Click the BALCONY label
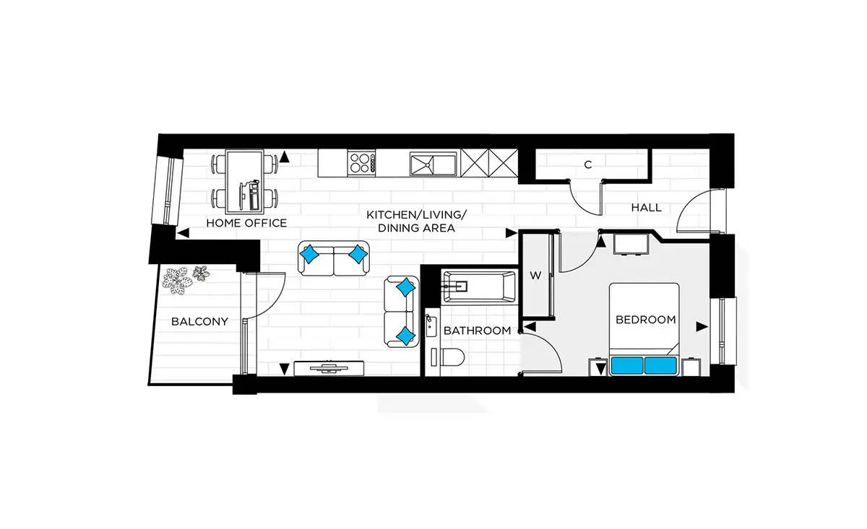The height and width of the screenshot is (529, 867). pyautogui.click(x=199, y=322)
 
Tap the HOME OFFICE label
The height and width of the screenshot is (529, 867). pyautogui.click(x=246, y=223)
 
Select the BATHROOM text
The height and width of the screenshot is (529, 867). pyautogui.click(x=478, y=331)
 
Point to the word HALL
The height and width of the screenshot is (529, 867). pyautogui.click(x=647, y=208)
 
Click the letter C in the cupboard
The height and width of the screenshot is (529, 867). pyautogui.click(x=588, y=165)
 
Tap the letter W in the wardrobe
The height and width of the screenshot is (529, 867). pyautogui.click(x=535, y=276)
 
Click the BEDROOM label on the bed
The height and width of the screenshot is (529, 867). pyautogui.click(x=646, y=320)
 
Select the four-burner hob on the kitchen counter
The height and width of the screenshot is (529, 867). pyautogui.click(x=361, y=163)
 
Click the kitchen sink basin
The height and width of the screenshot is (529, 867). pyautogui.click(x=433, y=165)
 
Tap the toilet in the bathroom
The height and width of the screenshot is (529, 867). pyautogui.click(x=449, y=357)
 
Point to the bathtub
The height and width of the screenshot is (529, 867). pyautogui.click(x=479, y=287)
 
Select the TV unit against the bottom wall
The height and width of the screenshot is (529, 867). pyautogui.click(x=329, y=368)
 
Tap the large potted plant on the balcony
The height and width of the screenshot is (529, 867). pyautogui.click(x=177, y=281)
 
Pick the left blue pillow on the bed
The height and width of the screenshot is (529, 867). pyautogui.click(x=627, y=366)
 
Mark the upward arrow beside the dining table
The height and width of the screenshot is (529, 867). pyautogui.click(x=285, y=157)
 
